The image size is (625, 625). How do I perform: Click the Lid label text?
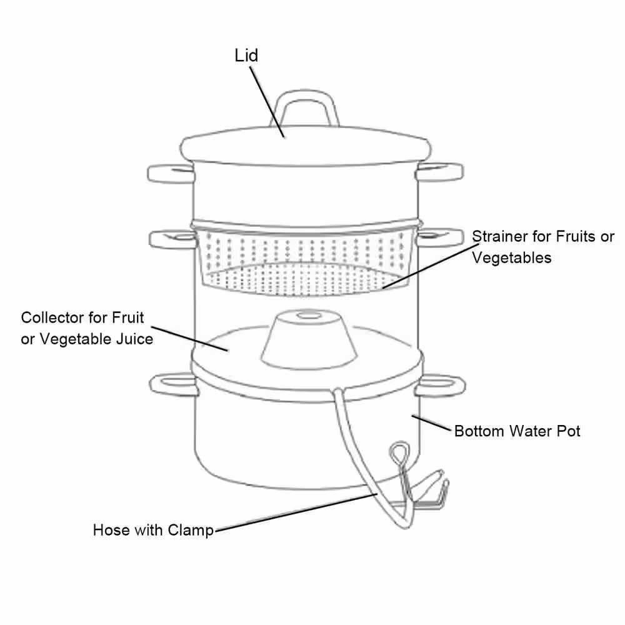[246, 56]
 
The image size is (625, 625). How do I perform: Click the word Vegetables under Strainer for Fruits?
[512, 258]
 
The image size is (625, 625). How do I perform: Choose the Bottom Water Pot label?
[517, 431]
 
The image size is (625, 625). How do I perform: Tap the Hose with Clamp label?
[154, 530]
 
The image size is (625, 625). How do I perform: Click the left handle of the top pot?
[171, 174]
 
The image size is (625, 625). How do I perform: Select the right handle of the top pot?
[439, 172]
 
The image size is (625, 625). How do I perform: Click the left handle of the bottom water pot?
[174, 384]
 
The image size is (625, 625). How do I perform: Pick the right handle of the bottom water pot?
[440, 385]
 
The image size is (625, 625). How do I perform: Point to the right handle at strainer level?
[440, 237]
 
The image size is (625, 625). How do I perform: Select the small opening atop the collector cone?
[309, 316]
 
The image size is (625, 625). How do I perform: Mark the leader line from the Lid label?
[267, 102]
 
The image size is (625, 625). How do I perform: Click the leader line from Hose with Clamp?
[296, 512]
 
